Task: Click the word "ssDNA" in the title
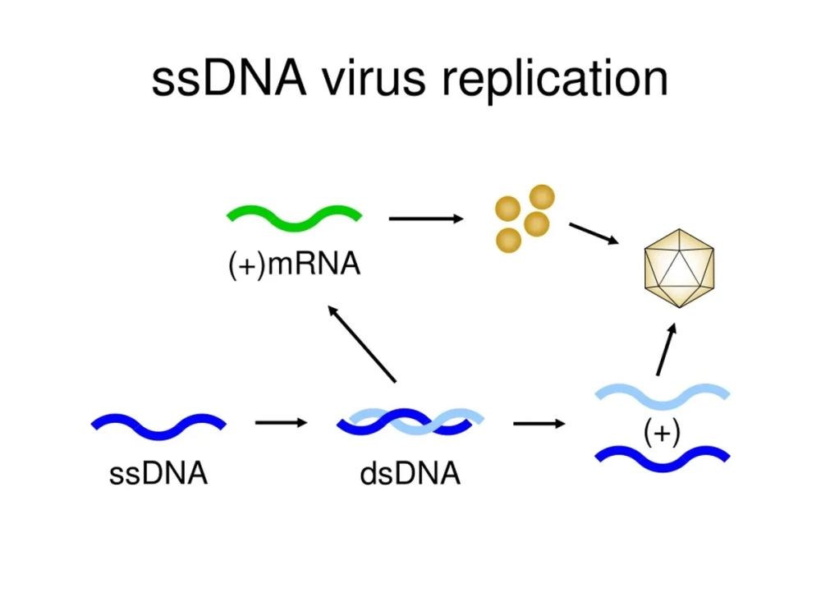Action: [228, 80]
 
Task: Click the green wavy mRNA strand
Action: [293, 217]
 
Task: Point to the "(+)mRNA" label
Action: [294, 264]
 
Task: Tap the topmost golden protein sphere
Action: [541, 197]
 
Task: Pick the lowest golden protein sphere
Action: [509, 240]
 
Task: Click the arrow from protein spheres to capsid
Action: [594, 232]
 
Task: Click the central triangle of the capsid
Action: [678, 268]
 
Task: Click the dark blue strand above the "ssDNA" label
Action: [158, 425]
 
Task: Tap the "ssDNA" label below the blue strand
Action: [158, 474]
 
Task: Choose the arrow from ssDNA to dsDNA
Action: [281, 423]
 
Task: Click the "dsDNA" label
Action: [410, 474]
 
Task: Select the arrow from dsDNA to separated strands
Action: [539, 424]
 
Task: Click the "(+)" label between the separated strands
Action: [662, 432]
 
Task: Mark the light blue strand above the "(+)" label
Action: [662, 395]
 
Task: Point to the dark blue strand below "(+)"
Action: [662, 458]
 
